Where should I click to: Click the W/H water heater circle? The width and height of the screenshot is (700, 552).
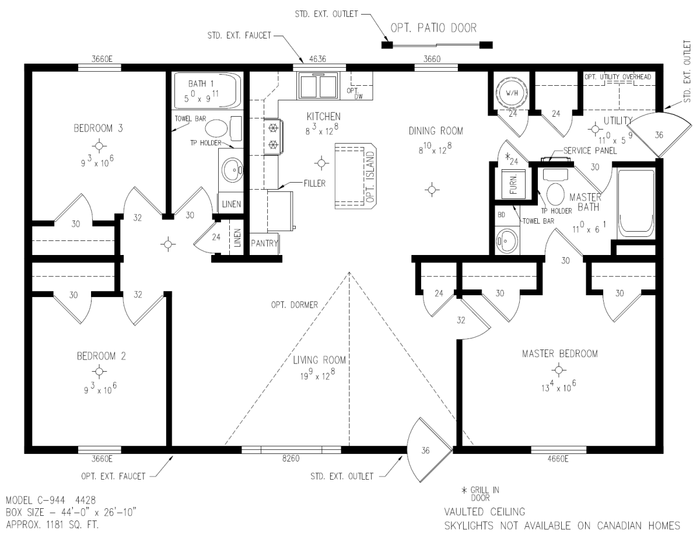(x=512, y=93)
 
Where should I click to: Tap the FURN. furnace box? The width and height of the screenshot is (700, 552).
(x=513, y=184)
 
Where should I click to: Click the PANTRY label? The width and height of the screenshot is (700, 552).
(x=264, y=243)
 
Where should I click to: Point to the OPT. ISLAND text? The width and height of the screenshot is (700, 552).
(x=370, y=177)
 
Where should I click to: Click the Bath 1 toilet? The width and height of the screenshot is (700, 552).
(x=223, y=128)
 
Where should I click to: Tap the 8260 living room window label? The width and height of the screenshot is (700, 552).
(x=291, y=459)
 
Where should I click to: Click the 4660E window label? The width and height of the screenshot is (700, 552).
(x=558, y=459)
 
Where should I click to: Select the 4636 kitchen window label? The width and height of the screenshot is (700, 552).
(x=317, y=59)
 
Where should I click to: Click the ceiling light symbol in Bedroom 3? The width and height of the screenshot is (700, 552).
(x=100, y=145)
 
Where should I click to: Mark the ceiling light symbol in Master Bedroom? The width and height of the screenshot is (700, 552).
(x=559, y=370)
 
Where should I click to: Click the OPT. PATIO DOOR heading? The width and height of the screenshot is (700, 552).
(x=433, y=29)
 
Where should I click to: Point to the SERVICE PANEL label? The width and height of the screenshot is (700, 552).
(x=590, y=151)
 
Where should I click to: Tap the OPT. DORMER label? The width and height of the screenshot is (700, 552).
(x=295, y=305)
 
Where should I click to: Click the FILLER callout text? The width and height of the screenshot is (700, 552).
(x=314, y=184)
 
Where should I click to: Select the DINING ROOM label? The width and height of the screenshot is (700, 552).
(x=436, y=131)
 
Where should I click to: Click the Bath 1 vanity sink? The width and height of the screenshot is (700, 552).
(x=232, y=170)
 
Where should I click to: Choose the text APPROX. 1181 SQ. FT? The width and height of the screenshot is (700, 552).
(x=52, y=525)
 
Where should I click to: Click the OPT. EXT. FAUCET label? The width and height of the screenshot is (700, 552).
(x=113, y=477)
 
